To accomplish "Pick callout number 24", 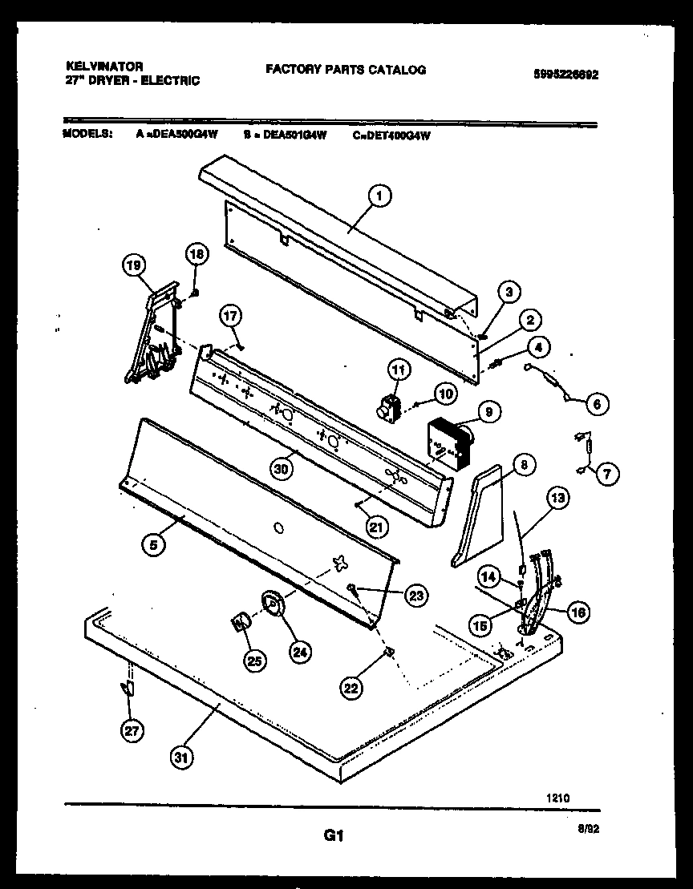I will pos(299,652).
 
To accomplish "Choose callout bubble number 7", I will pos(606,474).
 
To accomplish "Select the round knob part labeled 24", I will pos(273,605).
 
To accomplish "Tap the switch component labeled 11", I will pos(390,407).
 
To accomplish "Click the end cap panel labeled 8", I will pos(480,516).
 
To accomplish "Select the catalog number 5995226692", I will pos(565,75).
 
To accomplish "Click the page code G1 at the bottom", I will pos(334,837).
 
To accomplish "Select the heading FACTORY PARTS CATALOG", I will pos(346,70).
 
